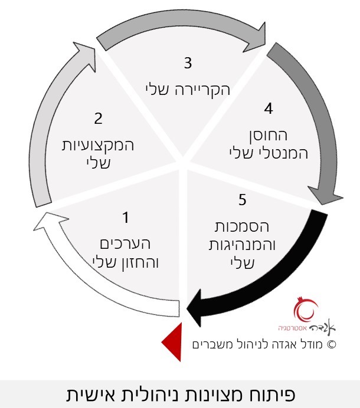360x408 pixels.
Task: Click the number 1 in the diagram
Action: pyautogui.click(x=126, y=218)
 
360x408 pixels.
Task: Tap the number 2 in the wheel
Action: pyautogui.click(x=98, y=119)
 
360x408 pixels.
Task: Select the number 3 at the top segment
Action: pyautogui.click(x=188, y=63)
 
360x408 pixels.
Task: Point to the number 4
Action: pyautogui.click(x=269, y=108)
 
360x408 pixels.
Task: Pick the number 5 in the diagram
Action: pyautogui.click(x=242, y=200)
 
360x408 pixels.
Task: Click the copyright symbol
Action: pyautogui.click(x=331, y=344)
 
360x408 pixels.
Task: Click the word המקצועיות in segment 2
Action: pyautogui.click(x=98, y=145)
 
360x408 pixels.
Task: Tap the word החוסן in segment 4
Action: pyautogui.click(x=267, y=135)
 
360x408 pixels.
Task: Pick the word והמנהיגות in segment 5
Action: pyautogui.click(x=242, y=245)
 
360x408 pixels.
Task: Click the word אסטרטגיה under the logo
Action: pyautogui.click(x=292, y=328)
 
